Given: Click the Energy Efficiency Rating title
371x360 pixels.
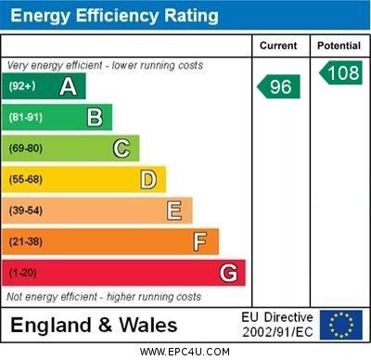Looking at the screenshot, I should point(114,16).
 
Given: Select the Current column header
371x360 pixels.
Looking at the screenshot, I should point(278,45).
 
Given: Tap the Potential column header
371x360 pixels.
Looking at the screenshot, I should point(339,45).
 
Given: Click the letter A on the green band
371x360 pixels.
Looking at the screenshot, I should point(68,87).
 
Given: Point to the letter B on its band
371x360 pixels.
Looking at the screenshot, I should point(95,117).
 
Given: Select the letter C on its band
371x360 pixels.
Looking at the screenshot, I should point(122,148).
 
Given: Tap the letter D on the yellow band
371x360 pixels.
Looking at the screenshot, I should point(148,179).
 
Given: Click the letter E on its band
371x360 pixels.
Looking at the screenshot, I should point(174,211).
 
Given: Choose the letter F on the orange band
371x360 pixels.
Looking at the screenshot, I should point(200,241).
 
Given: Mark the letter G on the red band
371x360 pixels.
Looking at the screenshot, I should point(228,273).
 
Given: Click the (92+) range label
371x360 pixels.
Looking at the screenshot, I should point(21,87).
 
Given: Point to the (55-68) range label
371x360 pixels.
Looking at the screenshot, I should point(26,180).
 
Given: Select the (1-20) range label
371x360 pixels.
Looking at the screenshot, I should point(23,274).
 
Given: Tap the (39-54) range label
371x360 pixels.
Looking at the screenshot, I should point(26,212).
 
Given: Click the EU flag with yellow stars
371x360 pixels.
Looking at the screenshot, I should point(340,325).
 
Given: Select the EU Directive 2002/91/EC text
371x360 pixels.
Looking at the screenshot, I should point(277,325).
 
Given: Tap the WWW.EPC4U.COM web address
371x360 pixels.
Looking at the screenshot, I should point(185,352).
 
